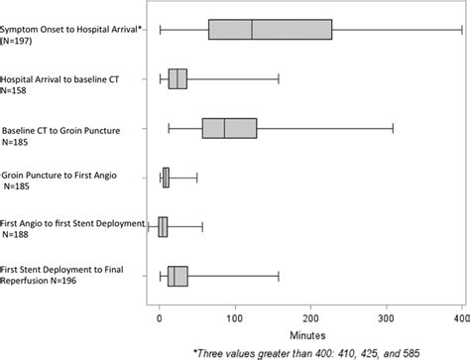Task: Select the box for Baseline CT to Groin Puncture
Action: (229, 128)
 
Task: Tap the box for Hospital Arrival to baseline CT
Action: (177, 78)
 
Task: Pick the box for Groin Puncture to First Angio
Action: (166, 178)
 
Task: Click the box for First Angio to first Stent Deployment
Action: (163, 227)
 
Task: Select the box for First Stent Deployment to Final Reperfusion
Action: (177, 276)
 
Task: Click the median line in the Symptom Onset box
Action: (252, 31)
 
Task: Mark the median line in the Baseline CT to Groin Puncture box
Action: (224, 128)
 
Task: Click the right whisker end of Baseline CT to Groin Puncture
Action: (394, 128)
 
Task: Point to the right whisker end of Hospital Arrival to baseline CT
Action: (279, 78)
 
